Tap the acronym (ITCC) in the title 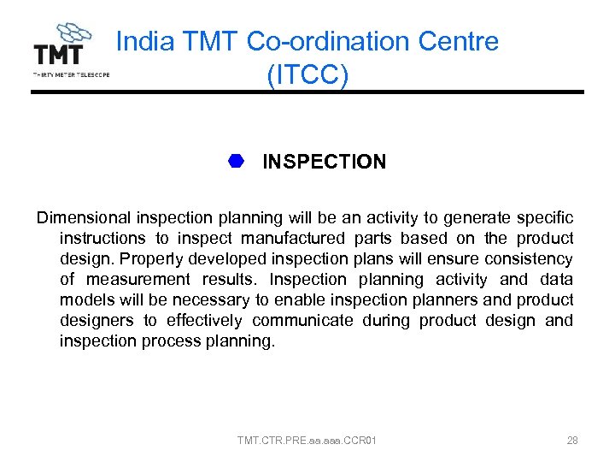[x=307, y=74]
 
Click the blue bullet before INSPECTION [x=237, y=161]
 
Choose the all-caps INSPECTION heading [x=324, y=162]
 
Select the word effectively [x=205, y=321]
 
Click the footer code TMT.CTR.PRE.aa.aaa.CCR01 [x=307, y=441]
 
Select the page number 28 [x=572, y=441]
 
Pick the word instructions [x=101, y=239]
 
